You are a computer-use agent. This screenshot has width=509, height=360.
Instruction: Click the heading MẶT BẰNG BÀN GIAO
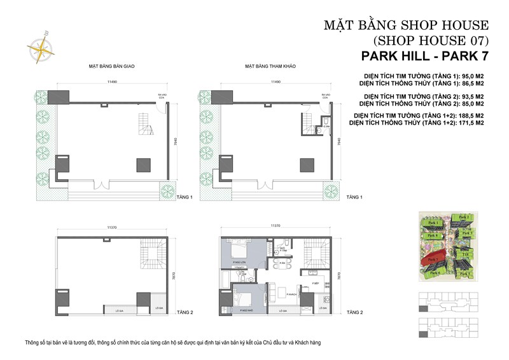pos(112,66)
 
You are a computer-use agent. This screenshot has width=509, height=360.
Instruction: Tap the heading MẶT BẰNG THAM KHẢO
pos(270,66)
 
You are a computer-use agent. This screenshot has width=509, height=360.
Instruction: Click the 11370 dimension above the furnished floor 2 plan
pos(275,226)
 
